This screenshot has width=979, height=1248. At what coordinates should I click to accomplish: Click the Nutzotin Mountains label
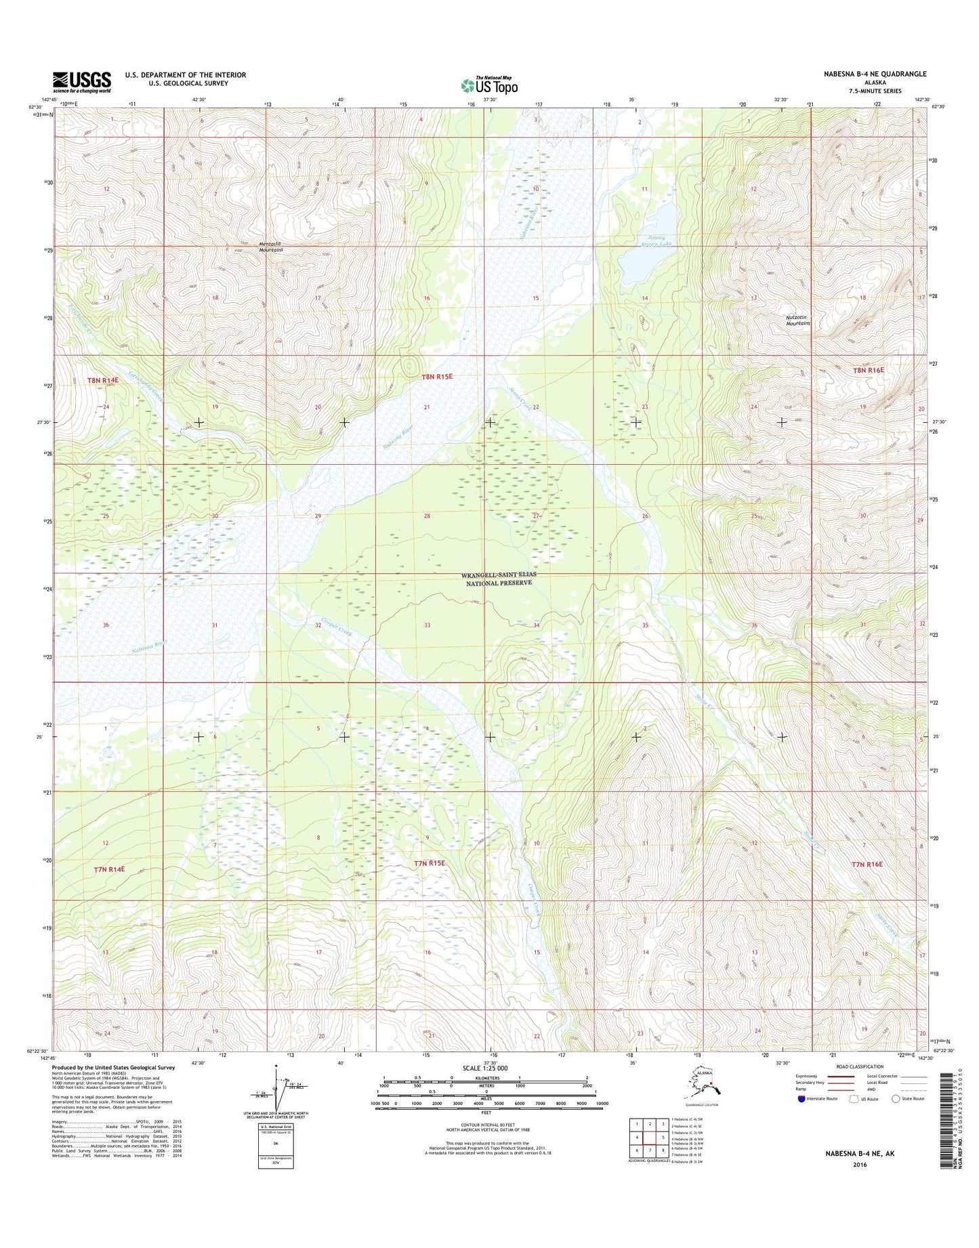click(797, 320)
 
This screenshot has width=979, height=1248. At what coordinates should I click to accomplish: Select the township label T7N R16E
click(867, 865)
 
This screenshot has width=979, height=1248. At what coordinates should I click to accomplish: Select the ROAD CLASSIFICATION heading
click(859, 1066)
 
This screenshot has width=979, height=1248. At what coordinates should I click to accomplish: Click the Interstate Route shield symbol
click(801, 1099)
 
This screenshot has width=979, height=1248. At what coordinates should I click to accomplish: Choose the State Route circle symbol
click(896, 1098)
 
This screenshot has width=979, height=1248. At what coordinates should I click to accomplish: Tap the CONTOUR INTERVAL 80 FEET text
click(488, 1125)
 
